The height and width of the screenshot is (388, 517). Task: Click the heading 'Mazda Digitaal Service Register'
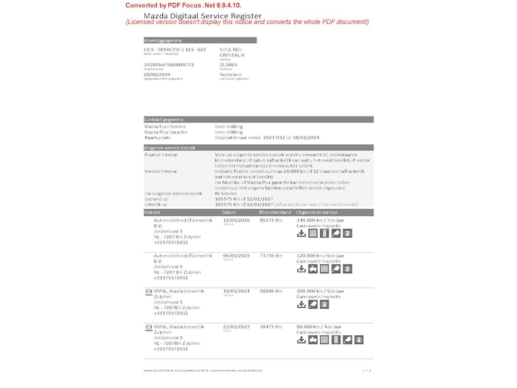[x=202, y=15]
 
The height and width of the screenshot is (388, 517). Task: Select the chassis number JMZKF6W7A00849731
[x=169, y=65]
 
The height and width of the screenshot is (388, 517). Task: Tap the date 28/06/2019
[x=157, y=75]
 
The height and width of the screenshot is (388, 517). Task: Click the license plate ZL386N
[x=229, y=65]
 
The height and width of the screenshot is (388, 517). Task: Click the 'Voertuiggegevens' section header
[x=163, y=40]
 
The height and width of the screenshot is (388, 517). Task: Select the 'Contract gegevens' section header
[x=165, y=119]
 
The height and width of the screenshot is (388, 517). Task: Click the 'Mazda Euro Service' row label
[x=165, y=126]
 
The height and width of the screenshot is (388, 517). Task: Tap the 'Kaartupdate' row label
[x=158, y=137]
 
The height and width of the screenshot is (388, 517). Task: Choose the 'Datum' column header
[x=229, y=213]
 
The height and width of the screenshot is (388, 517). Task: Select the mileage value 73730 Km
[x=271, y=256]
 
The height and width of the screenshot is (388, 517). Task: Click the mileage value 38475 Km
[x=271, y=326]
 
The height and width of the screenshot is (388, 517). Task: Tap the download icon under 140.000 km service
[x=301, y=233]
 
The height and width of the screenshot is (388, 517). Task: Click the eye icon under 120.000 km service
[x=347, y=269]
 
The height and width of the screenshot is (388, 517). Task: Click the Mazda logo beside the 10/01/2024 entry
[x=148, y=291]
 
